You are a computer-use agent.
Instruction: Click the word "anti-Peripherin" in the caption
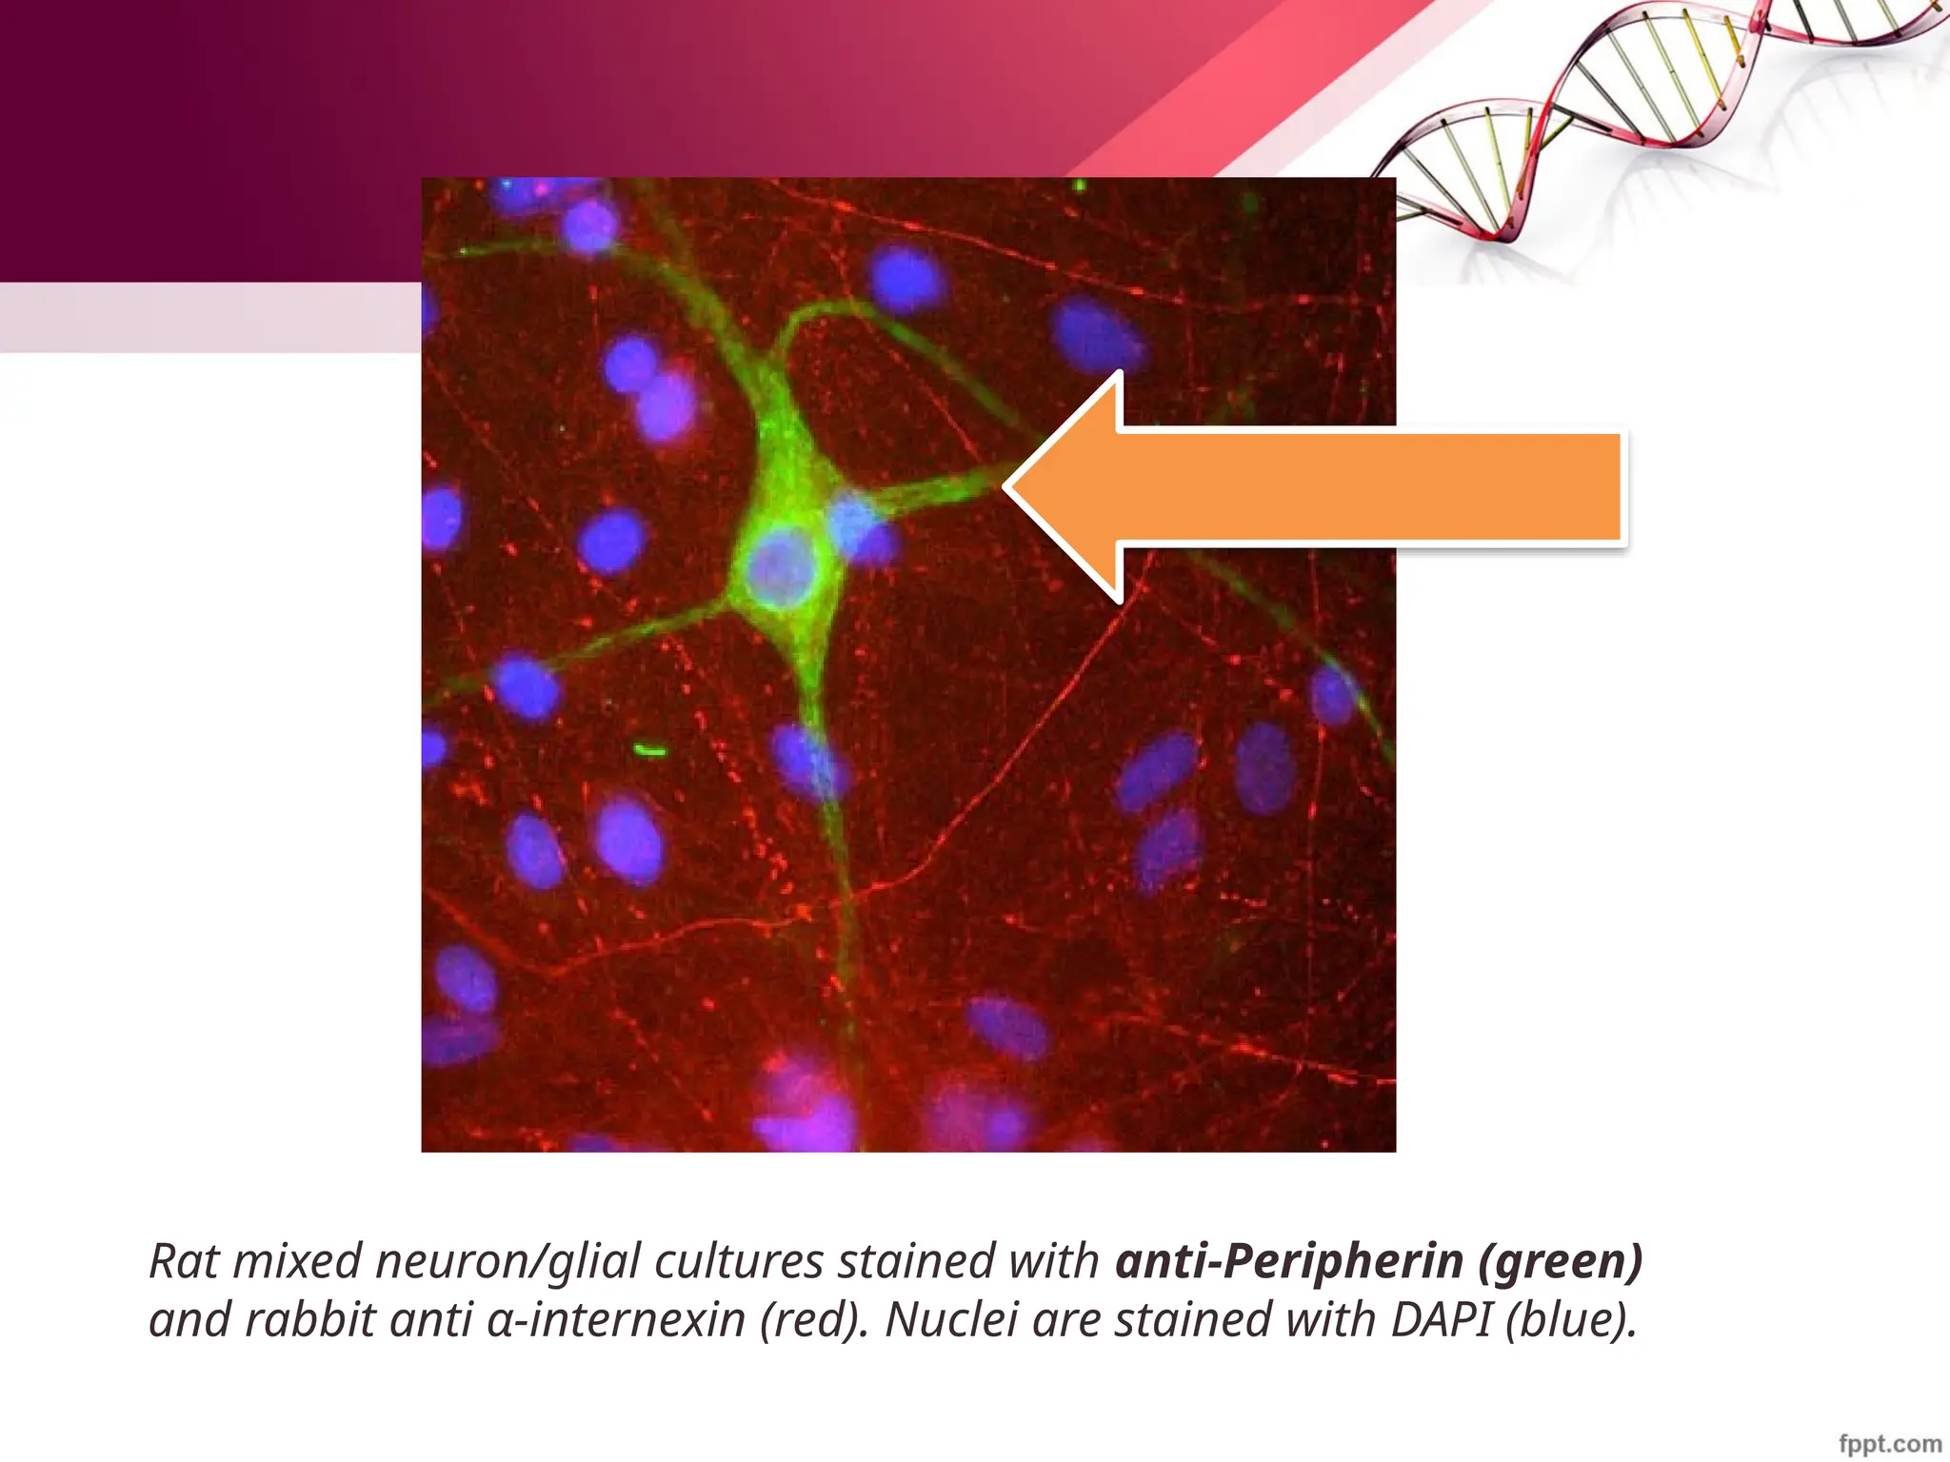click(1288, 1261)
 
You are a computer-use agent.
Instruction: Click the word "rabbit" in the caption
click(309, 1320)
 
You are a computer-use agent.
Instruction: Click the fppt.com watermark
click(1889, 1444)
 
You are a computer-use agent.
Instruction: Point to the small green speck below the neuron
click(650, 751)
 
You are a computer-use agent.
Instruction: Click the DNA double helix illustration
click(1657, 114)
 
